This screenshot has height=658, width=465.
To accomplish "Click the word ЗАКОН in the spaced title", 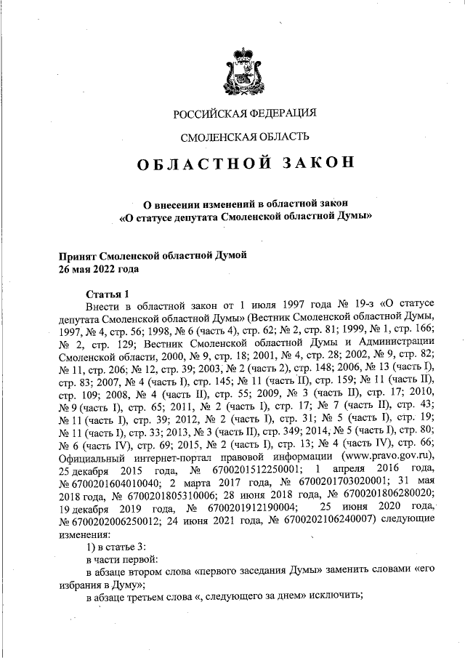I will (310, 163).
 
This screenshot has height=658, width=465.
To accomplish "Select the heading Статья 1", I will (107, 294).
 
